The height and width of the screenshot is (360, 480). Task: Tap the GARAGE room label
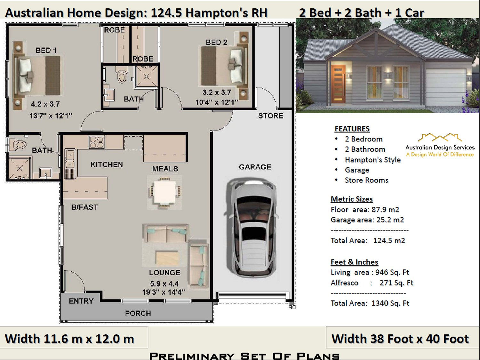[x=255, y=167]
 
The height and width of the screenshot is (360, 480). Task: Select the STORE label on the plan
[x=270, y=116]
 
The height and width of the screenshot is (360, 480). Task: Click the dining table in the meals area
[x=164, y=192]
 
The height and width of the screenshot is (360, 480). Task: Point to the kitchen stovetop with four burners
[x=97, y=142]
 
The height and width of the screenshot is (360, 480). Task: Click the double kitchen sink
[x=70, y=159]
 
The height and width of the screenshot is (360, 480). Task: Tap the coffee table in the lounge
[x=167, y=258]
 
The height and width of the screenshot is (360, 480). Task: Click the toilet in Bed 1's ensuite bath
[x=19, y=145]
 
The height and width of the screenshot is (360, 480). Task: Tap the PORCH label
[x=138, y=313]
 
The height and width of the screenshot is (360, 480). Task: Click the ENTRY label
[x=81, y=301]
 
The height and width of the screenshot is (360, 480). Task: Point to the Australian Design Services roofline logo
[x=440, y=138]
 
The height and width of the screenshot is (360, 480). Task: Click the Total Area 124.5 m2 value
[x=389, y=241]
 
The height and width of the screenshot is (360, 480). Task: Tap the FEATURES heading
[x=352, y=129]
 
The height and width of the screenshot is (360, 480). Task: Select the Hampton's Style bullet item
[x=372, y=160]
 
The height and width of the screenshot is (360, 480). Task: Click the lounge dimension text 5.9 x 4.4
[x=164, y=284]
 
